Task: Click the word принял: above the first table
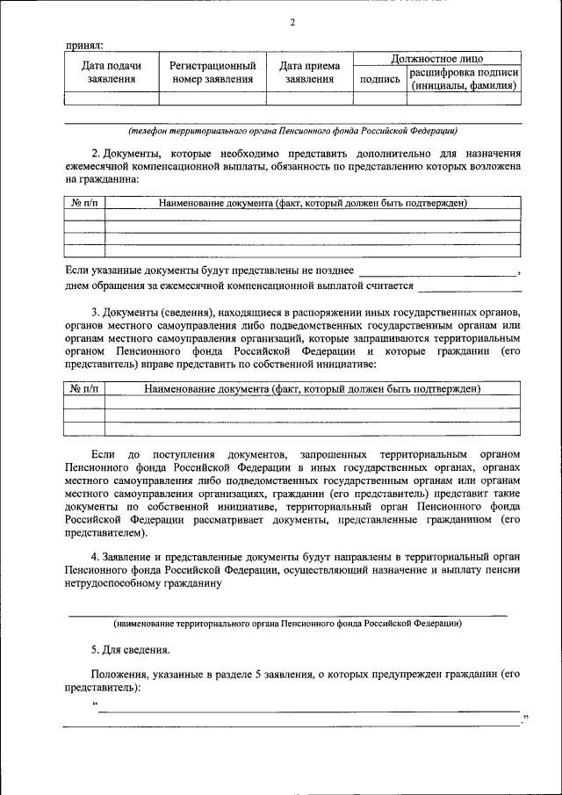pyautogui.click(x=83, y=44)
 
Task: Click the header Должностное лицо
pyautogui.click(x=436, y=58)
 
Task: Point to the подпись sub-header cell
pyautogui.click(x=380, y=79)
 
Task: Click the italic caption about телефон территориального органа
pyautogui.click(x=292, y=131)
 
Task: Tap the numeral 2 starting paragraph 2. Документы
pyautogui.click(x=95, y=153)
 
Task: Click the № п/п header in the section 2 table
pyautogui.click(x=85, y=203)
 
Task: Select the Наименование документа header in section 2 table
pyautogui.click(x=312, y=203)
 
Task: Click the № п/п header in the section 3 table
pyautogui.click(x=85, y=388)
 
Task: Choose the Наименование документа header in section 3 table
pyautogui.click(x=312, y=388)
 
